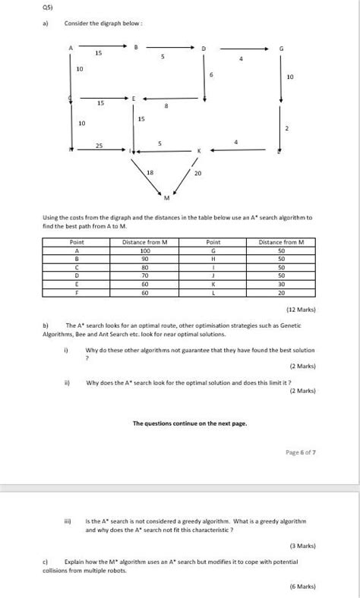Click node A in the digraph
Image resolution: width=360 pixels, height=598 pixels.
71,48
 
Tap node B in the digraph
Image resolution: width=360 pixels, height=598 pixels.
136,48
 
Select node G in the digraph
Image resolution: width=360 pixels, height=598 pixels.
281,49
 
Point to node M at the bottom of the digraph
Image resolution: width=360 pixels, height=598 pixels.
166,199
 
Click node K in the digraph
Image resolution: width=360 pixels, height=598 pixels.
199,151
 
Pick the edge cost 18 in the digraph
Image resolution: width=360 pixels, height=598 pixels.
150,173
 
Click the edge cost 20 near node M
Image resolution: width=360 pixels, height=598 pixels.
198,174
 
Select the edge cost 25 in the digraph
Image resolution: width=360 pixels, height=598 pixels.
99,145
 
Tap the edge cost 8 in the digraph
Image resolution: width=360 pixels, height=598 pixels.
166,107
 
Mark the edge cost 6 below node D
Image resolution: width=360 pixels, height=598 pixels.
211,74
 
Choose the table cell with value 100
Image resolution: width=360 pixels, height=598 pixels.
144,250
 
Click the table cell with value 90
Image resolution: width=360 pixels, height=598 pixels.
144,258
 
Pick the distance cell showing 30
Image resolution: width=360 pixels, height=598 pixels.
281,283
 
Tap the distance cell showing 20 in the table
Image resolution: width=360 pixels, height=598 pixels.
281,291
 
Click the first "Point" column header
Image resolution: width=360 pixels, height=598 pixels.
76,241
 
